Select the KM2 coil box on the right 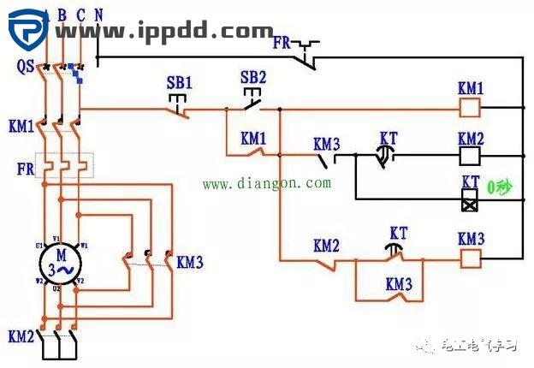coord(470,156)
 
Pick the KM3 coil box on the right coord(470,256)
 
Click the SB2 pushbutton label coord(253,77)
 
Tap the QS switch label coord(25,65)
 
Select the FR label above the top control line coord(283,41)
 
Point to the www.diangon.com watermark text coord(266,183)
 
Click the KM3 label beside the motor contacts coord(190,262)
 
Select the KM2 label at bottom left coord(21,334)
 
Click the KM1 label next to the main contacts coord(21,127)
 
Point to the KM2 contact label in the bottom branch coord(327,246)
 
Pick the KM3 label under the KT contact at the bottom coord(399,283)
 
